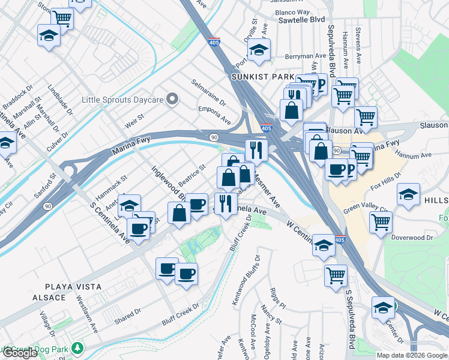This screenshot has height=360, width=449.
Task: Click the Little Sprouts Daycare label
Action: coord(122,98)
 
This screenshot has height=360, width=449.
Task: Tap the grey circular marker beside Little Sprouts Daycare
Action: coord(173,98)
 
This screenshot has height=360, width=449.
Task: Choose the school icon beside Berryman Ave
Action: coord(259,51)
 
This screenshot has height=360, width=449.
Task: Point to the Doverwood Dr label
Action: coord(412,238)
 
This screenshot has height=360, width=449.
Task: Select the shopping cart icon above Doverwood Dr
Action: coord(381,221)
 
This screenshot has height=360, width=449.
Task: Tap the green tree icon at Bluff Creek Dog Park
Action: coord(77,348)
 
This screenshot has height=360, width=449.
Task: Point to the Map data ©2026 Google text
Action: coord(412,355)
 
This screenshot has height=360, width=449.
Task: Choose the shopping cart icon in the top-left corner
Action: coord(61,18)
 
